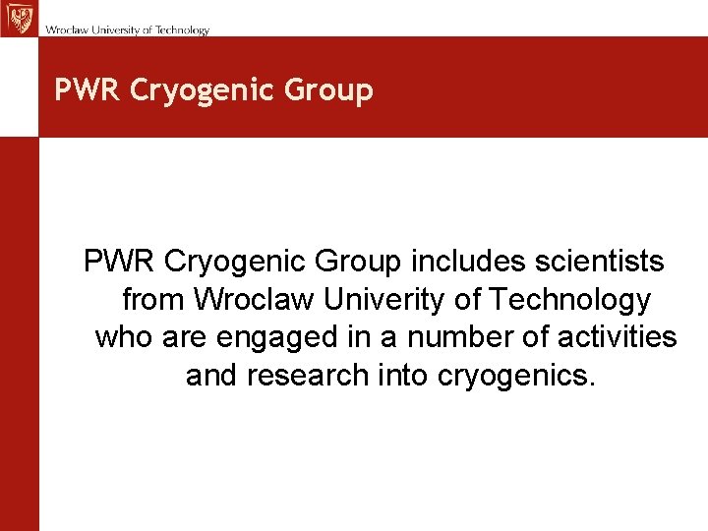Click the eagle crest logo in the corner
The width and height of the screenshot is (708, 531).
18,18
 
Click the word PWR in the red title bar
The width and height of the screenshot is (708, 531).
88,90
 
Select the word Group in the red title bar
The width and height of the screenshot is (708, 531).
328,91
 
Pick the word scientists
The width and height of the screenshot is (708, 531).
606,262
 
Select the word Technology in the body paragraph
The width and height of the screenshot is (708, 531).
569,300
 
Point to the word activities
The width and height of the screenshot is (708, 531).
617,337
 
